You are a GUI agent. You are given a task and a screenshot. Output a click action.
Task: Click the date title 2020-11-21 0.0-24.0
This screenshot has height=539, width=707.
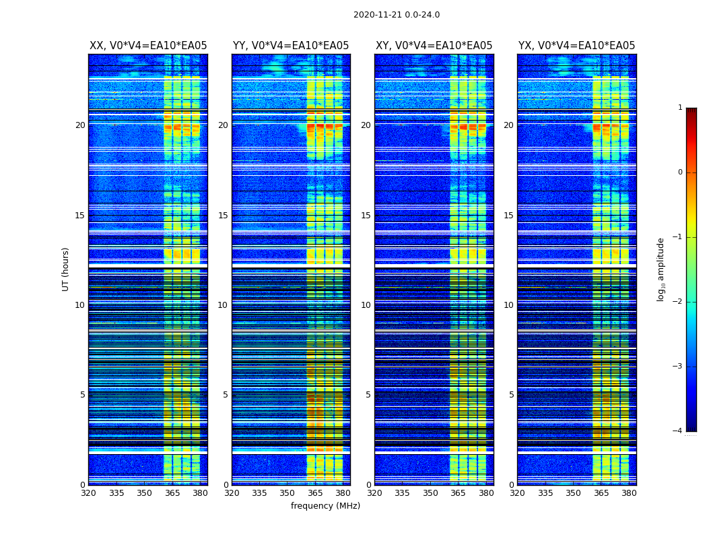tap(397, 15)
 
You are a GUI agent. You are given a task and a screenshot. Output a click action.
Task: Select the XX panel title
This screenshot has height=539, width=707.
tap(148, 46)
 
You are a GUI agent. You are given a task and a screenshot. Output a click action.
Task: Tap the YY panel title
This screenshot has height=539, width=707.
tap(291, 46)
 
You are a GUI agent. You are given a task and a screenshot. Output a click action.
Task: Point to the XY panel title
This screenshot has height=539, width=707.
tap(434, 46)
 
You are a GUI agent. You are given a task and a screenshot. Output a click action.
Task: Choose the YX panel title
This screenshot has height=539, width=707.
tap(576, 46)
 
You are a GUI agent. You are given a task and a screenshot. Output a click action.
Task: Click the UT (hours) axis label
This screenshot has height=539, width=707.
tap(66, 269)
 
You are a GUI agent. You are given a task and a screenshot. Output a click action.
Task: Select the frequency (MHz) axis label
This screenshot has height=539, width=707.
tap(325, 506)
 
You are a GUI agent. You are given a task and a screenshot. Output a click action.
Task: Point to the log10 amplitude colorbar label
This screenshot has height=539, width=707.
tap(661, 269)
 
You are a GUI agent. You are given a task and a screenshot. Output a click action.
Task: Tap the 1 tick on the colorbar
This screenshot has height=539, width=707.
tap(680, 108)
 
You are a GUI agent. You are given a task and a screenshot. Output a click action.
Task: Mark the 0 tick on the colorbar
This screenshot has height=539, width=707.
tap(680, 172)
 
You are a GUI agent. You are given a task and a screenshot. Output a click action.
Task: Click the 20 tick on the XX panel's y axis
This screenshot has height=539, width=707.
tap(80, 125)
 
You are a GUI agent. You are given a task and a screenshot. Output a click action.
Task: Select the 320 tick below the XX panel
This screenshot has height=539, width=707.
tap(88, 493)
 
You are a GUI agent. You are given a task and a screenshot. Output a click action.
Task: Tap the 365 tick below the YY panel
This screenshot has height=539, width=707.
tap(315, 493)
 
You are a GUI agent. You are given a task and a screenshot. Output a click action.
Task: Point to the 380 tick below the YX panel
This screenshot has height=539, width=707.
tap(629, 493)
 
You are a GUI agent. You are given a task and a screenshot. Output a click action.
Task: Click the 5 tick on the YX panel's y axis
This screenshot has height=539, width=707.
tap(511, 395)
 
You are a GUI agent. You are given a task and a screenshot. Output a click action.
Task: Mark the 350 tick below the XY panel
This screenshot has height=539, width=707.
tap(430, 493)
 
